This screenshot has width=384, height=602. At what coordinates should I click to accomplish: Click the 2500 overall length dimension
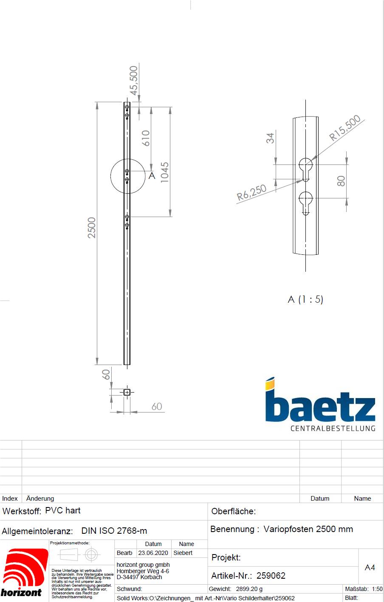click(92, 227)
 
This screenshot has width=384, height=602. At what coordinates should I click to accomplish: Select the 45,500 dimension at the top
click(134, 81)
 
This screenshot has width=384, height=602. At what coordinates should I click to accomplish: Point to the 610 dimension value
click(146, 138)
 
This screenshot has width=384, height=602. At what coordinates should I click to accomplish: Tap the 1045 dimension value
click(164, 172)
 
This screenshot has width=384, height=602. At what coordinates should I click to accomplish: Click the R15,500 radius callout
click(344, 127)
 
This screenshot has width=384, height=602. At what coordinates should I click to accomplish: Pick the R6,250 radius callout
click(251, 192)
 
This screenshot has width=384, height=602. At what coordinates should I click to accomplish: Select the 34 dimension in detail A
click(270, 138)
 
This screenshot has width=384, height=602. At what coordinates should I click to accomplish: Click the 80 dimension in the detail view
click(341, 181)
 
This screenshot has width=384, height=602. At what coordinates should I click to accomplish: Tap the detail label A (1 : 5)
click(305, 299)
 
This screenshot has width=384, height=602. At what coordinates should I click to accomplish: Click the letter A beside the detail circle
click(152, 176)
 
